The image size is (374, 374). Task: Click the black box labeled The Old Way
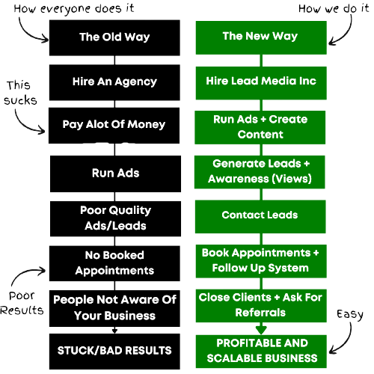(x=114, y=38)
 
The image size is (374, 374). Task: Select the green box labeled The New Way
(x=261, y=37)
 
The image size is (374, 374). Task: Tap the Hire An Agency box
(x=114, y=82)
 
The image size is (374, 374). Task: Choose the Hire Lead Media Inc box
(x=261, y=83)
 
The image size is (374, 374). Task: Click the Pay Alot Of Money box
(x=114, y=126)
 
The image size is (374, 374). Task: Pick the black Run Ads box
(x=115, y=174)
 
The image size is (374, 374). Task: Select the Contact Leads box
(x=260, y=217)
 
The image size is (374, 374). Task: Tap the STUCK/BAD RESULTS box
(x=114, y=352)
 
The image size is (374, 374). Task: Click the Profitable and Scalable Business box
(x=261, y=352)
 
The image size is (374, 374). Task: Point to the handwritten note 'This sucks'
(x=20, y=93)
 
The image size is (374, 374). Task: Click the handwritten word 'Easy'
(x=350, y=315)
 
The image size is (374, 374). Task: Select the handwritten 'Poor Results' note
(x=22, y=303)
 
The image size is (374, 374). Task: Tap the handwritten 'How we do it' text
(x=334, y=9)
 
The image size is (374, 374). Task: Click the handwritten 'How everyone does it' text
(x=74, y=9)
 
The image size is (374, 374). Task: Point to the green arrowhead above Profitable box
(x=261, y=330)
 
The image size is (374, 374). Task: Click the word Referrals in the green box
(x=260, y=313)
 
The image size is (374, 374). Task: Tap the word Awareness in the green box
(x=239, y=179)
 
